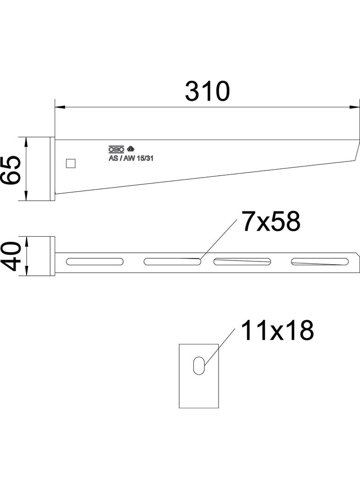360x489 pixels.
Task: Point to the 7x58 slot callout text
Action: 271,222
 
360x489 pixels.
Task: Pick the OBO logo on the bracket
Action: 117,149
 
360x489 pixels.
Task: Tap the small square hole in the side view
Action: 71,163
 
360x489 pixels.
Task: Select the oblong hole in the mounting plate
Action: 199,365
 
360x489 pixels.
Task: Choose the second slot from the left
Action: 173,261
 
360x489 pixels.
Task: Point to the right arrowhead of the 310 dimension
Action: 354,107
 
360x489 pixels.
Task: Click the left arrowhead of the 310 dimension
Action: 60,107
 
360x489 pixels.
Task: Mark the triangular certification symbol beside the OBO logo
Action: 130,149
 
